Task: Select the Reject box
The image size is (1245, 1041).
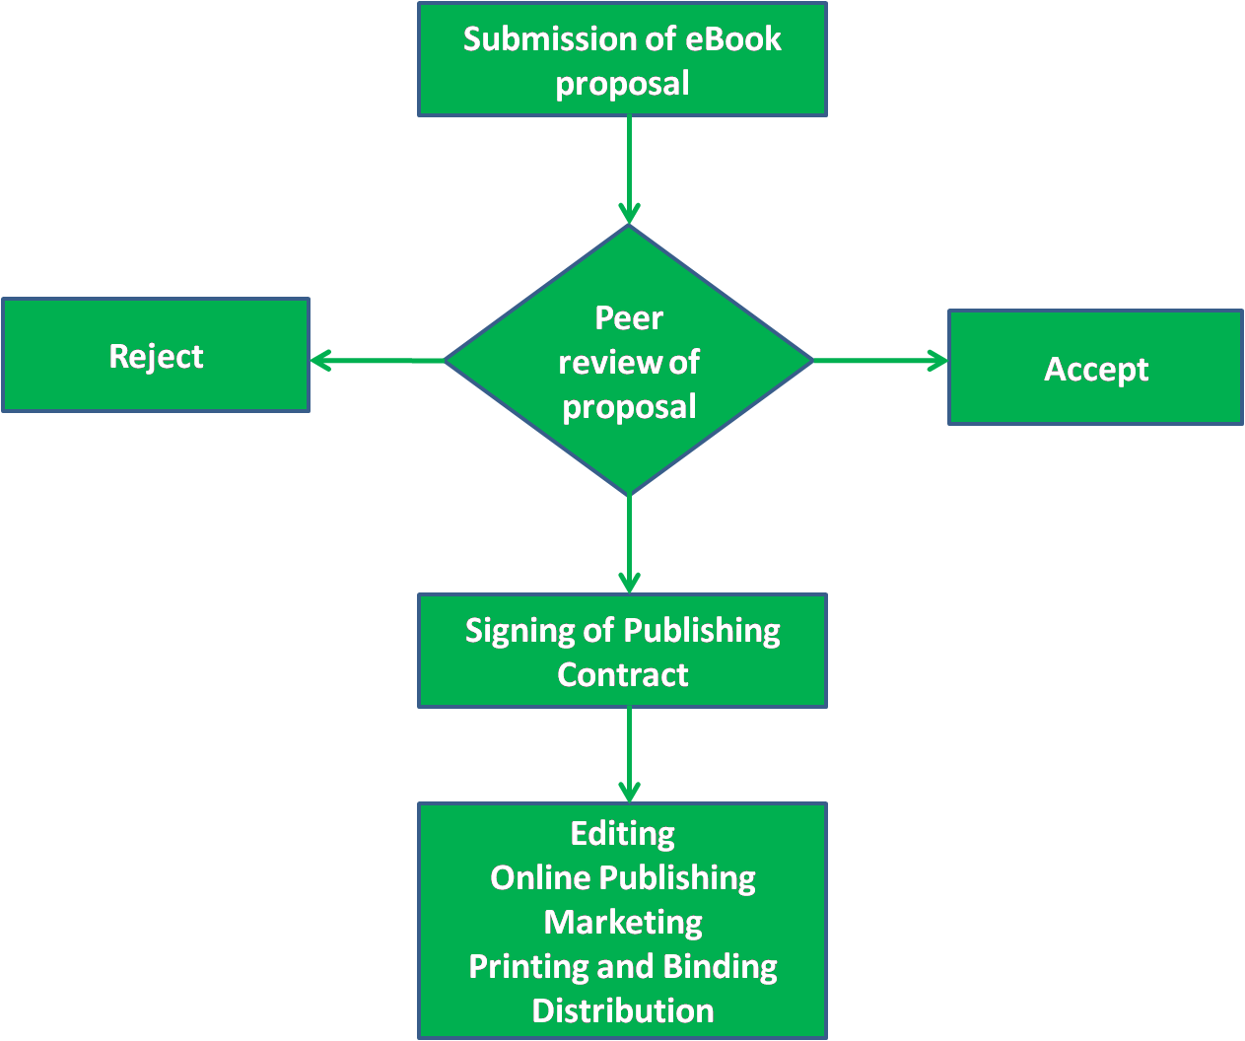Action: click(156, 356)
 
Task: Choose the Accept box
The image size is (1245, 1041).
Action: click(1095, 369)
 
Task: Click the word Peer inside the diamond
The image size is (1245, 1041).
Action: click(629, 318)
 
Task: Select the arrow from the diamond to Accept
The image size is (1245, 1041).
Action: click(880, 362)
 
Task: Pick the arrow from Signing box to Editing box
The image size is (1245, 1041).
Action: click(629, 755)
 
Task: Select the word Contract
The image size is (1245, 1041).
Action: click(623, 675)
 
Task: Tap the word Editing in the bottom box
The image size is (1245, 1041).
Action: click(623, 834)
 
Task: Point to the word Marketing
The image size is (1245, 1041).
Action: click(623, 923)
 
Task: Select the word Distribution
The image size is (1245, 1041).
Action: click(623, 1011)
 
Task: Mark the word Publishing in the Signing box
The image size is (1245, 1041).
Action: click(702, 631)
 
